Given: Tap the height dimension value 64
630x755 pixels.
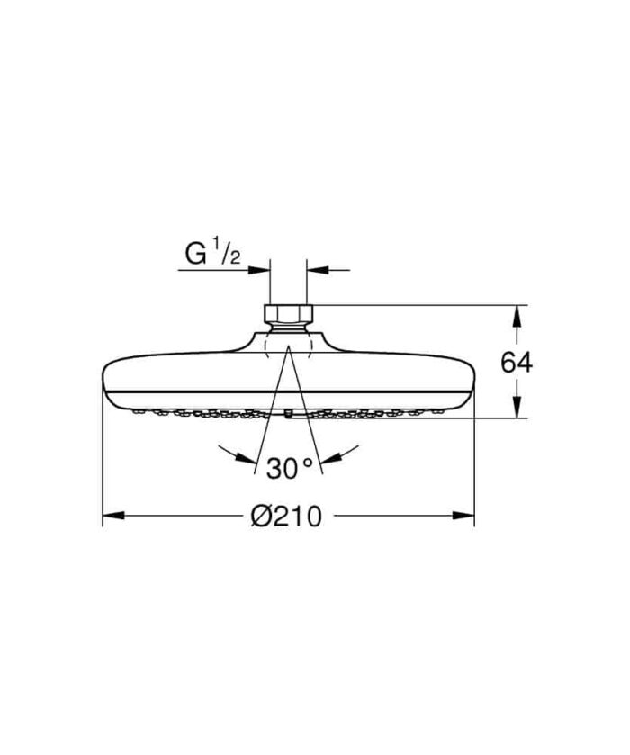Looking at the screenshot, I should (517, 363).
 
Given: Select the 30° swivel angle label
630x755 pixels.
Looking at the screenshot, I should (288, 467).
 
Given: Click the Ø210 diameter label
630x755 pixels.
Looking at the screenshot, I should (287, 517).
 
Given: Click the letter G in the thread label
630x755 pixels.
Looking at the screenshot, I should (195, 255).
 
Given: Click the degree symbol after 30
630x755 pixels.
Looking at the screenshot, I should (307, 462).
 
